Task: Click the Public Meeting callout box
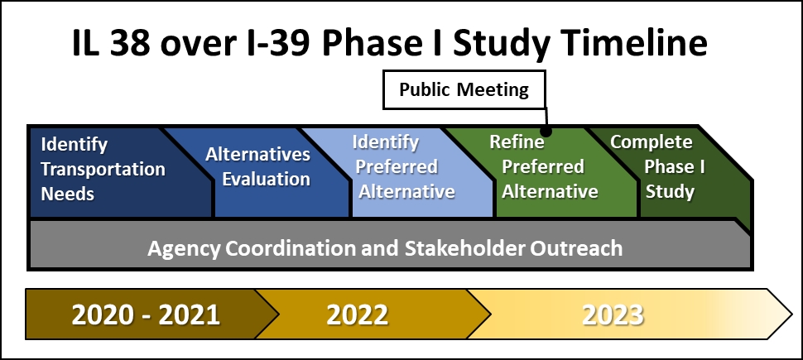pyautogui.click(x=464, y=89)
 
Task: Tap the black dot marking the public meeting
pyautogui.click(x=547, y=132)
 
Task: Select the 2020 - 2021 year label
pyautogui.click(x=146, y=315)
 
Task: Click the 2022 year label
pyautogui.click(x=357, y=315)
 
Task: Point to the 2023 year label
pyautogui.click(x=613, y=315)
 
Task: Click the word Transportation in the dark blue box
pyautogui.click(x=103, y=170)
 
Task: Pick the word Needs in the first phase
pyautogui.click(x=68, y=194)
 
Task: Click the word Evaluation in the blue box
pyautogui.click(x=266, y=180)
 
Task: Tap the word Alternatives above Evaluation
pyautogui.click(x=257, y=154)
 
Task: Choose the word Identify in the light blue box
pyautogui.click(x=385, y=142)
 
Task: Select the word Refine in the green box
pyautogui.click(x=517, y=142)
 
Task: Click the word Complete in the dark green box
pyautogui.click(x=651, y=142)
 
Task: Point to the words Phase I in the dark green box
pyautogui.click(x=675, y=167)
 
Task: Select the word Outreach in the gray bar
pyautogui.click(x=576, y=247)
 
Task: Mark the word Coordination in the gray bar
pyautogui.click(x=291, y=247)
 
